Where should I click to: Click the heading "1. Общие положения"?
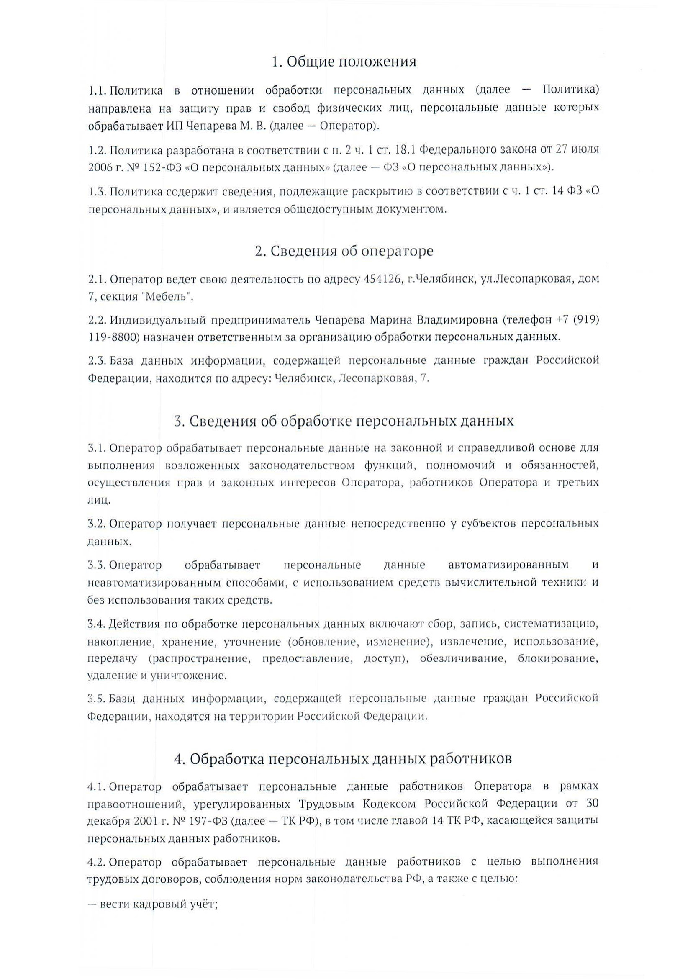tap(344, 62)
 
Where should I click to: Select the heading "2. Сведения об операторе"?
tap(344, 251)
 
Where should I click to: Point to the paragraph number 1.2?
tap(97, 150)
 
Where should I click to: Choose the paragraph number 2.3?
tap(97, 361)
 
